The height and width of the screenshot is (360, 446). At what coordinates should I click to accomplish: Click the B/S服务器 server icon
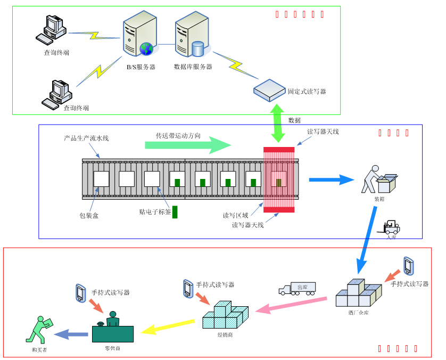[x=139, y=35]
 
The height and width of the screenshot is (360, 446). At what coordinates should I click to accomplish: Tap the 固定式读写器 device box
[x=269, y=90]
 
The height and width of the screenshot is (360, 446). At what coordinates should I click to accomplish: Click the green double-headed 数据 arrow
[x=278, y=123]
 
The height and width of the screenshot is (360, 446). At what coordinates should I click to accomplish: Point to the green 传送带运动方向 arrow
[x=188, y=145]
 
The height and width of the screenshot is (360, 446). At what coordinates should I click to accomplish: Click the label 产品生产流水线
[x=86, y=138]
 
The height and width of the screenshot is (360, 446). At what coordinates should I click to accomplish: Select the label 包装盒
[x=89, y=216]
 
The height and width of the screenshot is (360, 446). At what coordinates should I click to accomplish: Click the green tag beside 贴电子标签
[x=175, y=211]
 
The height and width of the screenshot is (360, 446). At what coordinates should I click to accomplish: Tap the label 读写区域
[x=235, y=216]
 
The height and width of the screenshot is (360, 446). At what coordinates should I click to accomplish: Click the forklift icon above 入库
[x=392, y=227]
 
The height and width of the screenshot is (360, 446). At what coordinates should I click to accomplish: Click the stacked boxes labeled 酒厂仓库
[x=359, y=293]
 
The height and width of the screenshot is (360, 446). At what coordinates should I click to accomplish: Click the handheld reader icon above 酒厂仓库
[x=408, y=265]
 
